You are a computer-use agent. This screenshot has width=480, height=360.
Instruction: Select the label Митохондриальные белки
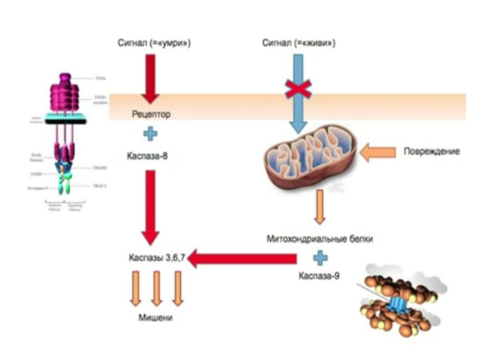click(x=320, y=239)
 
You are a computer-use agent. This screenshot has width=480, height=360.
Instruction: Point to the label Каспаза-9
click(x=319, y=277)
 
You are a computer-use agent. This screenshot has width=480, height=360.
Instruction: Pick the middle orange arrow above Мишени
click(x=157, y=289)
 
